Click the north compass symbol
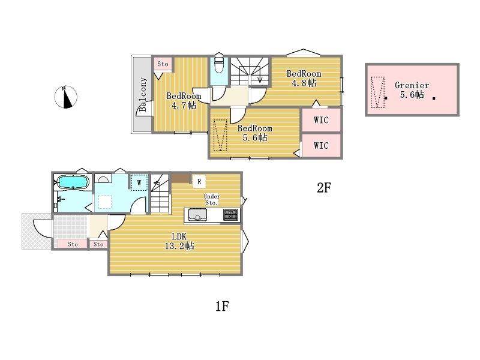[x=66, y=97]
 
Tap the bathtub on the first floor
[x=73, y=182]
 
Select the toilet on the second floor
[x=219, y=63]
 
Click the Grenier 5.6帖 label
[x=412, y=89]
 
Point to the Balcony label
[x=143, y=94]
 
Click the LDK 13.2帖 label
[x=179, y=241]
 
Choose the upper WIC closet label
[x=321, y=120]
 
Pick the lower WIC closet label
[x=321, y=145]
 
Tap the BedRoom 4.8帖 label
[x=304, y=79]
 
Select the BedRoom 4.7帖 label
[x=184, y=101]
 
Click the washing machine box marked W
[x=139, y=182]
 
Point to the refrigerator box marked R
[x=199, y=182]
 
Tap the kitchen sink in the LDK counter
[x=197, y=215]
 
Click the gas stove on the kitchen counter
[x=230, y=214]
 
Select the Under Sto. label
[x=212, y=199]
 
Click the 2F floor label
[x=324, y=187]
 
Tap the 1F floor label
[x=222, y=306]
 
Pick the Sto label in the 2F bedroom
[x=163, y=64]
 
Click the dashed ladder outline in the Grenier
[x=377, y=92]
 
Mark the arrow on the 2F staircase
[x=260, y=74]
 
